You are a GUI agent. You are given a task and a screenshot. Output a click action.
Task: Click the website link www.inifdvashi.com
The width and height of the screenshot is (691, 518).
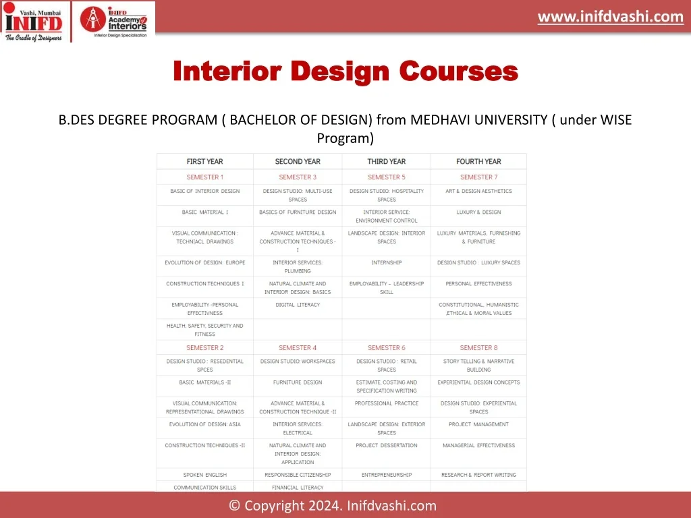[x=610, y=17]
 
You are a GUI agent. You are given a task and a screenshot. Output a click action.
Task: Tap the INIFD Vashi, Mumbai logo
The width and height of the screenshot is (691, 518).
[x=34, y=22]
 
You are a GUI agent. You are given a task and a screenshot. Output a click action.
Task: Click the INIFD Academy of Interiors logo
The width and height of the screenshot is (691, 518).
[x=113, y=22]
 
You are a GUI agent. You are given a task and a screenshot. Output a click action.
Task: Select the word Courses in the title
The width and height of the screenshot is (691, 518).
[x=459, y=71]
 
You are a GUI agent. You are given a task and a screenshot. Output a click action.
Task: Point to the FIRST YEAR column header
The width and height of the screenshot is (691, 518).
[x=205, y=162]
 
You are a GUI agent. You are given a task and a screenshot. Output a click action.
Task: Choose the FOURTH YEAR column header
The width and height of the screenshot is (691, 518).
[x=478, y=162]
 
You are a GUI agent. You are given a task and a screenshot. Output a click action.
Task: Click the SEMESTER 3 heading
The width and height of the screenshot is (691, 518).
[x=298, y=177]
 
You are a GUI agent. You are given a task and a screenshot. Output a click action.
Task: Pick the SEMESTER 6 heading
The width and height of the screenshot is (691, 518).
[x=387, y=347]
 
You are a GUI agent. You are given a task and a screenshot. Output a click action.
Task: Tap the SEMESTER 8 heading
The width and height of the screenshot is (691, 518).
[x=478, y=347]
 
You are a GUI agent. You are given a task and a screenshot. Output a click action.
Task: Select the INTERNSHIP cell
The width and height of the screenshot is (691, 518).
[x=387, y=262]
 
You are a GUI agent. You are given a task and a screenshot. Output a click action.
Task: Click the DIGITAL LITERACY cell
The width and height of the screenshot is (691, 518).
[x=298, y=305]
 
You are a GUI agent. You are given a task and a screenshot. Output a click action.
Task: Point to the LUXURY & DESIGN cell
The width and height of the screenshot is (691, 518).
[x=478, y=212]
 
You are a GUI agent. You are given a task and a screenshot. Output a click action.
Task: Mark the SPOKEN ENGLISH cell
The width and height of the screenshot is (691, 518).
[x=205, y=475]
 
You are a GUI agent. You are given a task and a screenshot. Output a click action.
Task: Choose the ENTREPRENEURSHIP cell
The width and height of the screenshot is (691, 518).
[x=387, y=475]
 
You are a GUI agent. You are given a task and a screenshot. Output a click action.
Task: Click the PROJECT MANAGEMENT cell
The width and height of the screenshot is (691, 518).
[x=478, y=425]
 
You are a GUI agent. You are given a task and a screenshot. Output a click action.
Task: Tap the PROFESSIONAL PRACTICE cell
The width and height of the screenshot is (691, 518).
[x=387, y=403]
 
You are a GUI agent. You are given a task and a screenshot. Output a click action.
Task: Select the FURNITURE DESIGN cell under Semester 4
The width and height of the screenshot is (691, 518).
[x=298, y=382]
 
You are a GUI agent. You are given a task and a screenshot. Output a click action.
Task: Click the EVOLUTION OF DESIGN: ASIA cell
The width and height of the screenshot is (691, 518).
[x=205, y=425]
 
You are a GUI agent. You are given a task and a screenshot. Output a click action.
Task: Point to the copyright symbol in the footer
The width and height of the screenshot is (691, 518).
[x=234, y=506]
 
